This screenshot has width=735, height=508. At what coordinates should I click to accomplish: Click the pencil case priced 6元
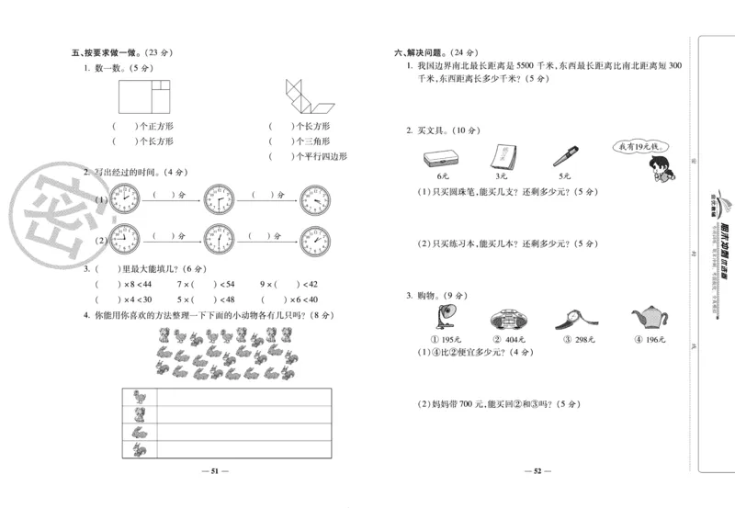pyautogui.click(x=443, y=157)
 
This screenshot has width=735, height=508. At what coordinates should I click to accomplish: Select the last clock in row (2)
pyautogui.click(x=314, y=241)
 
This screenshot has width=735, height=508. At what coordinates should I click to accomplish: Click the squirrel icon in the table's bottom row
pyautogui.click(x=139, y=448)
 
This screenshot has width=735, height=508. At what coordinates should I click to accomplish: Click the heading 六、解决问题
pyautogui.click(x=419, y=52)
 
